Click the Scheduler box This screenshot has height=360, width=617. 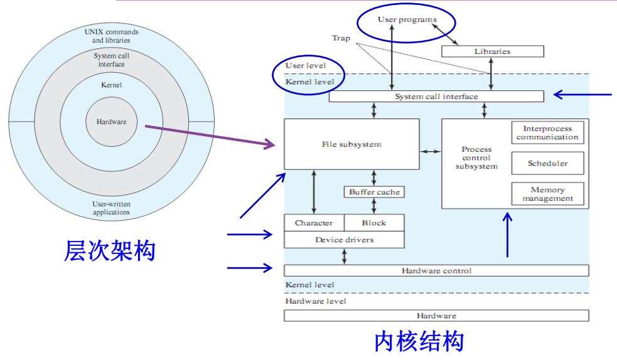[x=547, y=163]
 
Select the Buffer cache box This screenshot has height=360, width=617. [x=373, y=192]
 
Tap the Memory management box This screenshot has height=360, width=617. [x=547, y=194]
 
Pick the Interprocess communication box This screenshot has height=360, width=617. [x=547, y=132]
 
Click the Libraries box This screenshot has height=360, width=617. [x=492, y=51]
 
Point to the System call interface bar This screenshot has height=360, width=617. [x=436, y=97]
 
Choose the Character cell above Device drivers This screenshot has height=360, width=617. [x=314, y=223]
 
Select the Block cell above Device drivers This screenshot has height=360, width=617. [x=374, y=223]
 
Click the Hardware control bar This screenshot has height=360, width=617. [x=436, y=270]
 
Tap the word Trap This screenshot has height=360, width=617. [x=341, y=38]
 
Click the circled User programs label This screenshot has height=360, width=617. [x=407, y=19]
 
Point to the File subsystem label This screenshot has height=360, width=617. [x=351, y=144]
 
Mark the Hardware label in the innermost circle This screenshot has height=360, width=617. [x=111, y=122]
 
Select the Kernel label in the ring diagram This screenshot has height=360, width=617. [x=111, y=85]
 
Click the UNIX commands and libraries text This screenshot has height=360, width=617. [x=111, y=36]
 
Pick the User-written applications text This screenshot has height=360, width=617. [x=111, y=208]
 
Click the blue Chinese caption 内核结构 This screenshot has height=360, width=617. [x=419, y=342]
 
